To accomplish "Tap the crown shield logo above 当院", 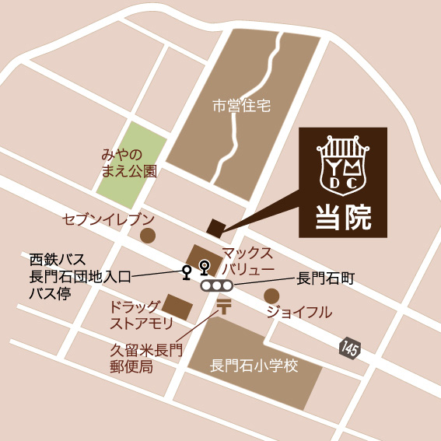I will pyautogui.click(x=343, y=163).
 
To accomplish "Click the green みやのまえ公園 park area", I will pyautogui.click(x=132, y=156).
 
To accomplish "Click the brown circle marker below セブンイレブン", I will pyautogui.click(x=146, y=235).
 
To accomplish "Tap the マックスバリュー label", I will pyautogui.click(x=248, y=261).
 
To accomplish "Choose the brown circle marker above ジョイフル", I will pyautogui.click(x=271, y=296).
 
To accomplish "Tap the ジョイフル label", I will pyautogui.click(x=299, y=313).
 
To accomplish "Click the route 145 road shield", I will pyautogui.click(x=349, y=349).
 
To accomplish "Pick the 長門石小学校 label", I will pyautogui.click(x=254, y=366).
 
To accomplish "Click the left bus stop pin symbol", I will pyautogui.click(x=186, y=272).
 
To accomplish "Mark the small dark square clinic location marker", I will pyautogui.click(x=215, y=227).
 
